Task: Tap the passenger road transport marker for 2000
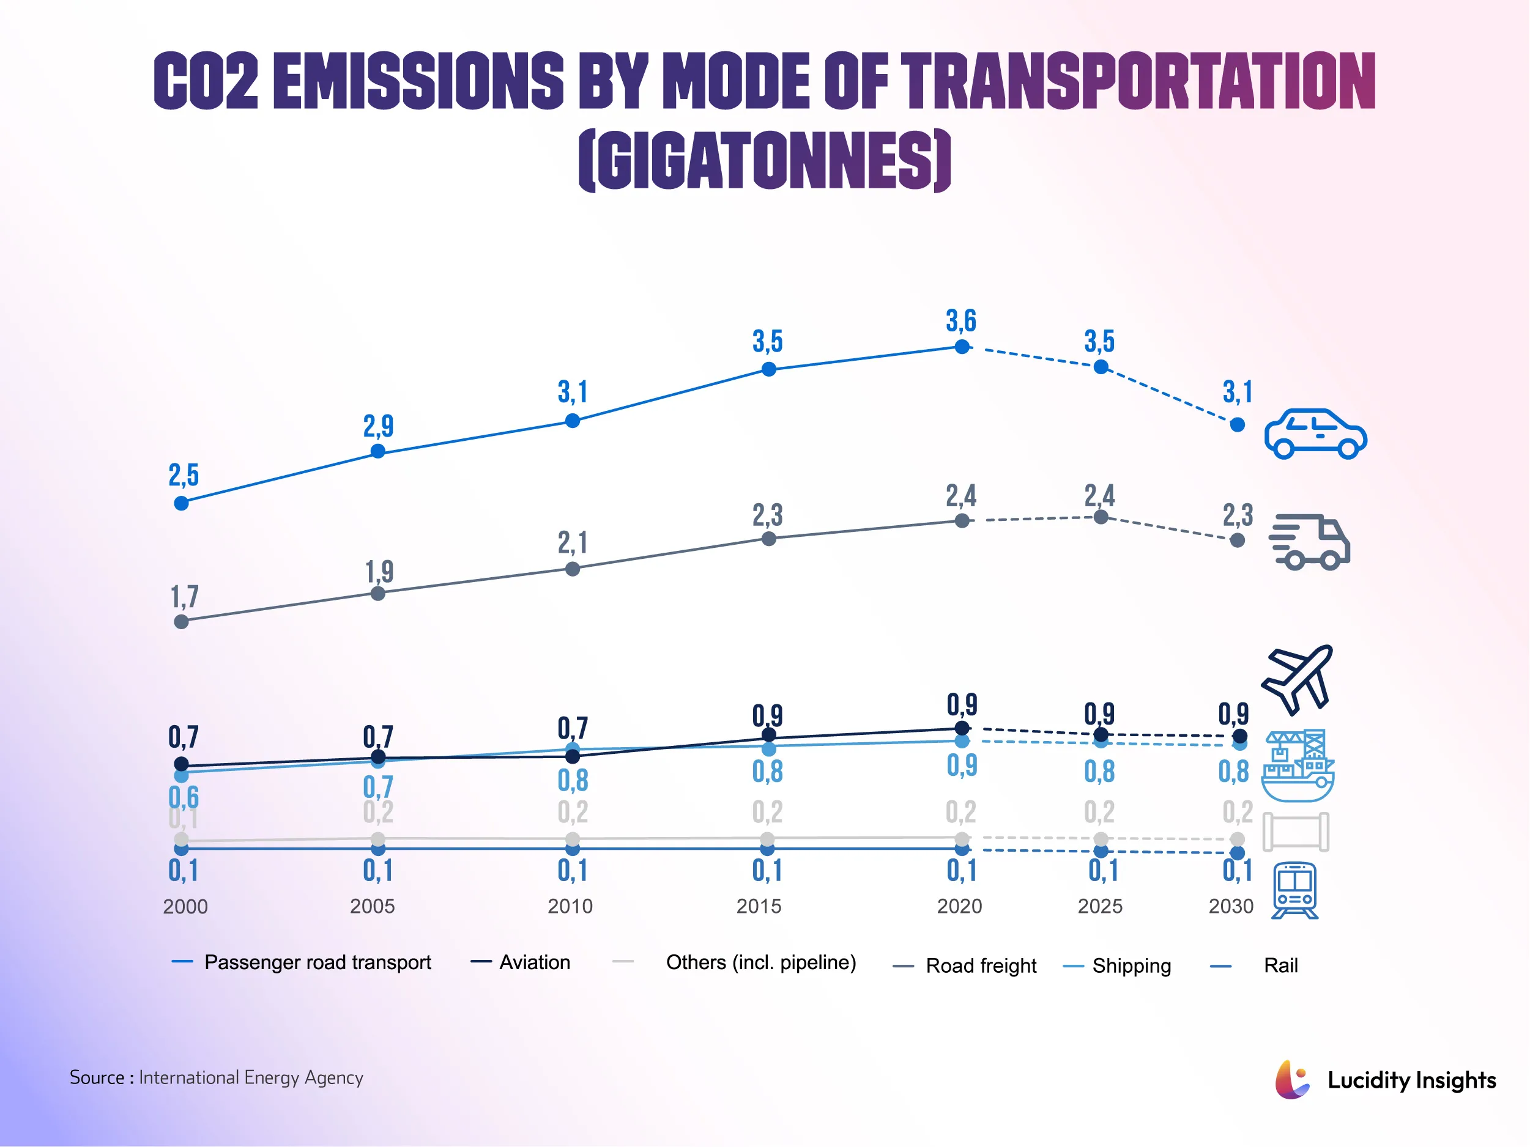click(181, 503)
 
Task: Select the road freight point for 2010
click(572, 569)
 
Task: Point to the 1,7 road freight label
click(184, 597)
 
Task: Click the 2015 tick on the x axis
click(759, 905)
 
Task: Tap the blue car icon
click(1315, 433)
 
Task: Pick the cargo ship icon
click(1298, 765)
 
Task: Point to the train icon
click(1295, 890)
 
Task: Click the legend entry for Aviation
click(534, 962)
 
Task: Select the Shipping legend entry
click(1131, 965)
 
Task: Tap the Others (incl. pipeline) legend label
click(760, 962)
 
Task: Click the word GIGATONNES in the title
click(764, 160)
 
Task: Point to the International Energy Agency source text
click(250, 1077)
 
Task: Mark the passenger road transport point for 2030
click(1238, 424)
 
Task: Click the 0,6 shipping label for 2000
click(184, 797)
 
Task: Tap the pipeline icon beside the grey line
click(1296, 832)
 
